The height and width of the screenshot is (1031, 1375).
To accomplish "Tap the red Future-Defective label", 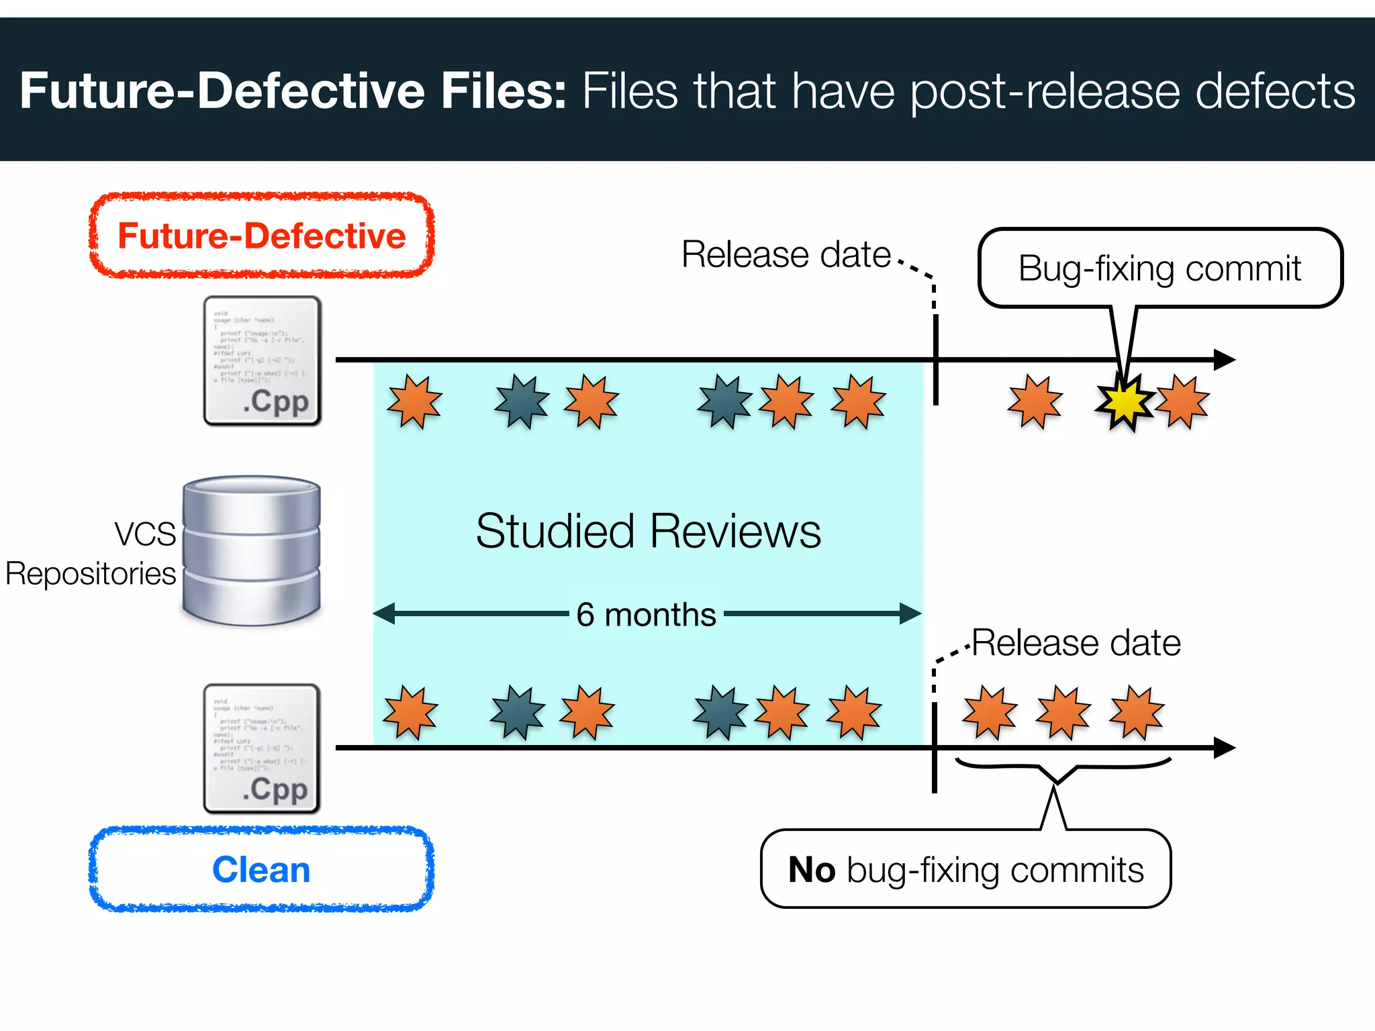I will coord(261,236).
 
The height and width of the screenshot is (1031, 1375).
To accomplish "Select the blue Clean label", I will coord(261,870).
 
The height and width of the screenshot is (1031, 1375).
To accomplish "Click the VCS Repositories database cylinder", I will coord(252,550).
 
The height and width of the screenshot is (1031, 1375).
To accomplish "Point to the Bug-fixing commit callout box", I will coord(1159,268).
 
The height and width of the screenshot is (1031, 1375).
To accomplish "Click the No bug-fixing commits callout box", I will coord(965,870).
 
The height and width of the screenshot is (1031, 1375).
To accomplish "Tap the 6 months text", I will coord(646,615).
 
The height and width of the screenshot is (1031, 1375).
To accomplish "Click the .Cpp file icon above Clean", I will coord(262,749).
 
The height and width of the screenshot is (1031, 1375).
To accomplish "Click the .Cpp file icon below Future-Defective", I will coord(262,361).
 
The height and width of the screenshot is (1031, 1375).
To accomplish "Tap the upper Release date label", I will coord(786,255).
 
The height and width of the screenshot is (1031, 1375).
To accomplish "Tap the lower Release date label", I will coord(1076,643).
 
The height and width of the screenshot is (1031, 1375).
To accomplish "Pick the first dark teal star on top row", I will coord(522,402).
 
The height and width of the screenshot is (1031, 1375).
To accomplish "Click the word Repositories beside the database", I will coord(91,575).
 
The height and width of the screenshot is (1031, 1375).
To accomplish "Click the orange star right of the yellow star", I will coord(1183,402).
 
